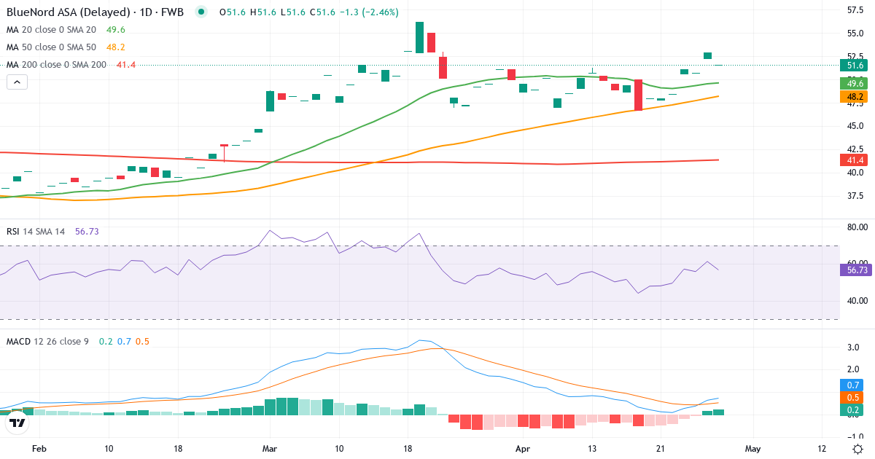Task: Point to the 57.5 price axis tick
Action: [x=855, y=10]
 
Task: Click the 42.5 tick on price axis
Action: [x=855, y=149]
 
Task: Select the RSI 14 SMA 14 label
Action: [x=36, y=231]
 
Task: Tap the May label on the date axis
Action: [x=753, y=449]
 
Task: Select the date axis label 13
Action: [x=592, y=449]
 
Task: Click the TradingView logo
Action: [x=17, y=422]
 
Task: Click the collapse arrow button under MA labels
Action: [x=17, y=82]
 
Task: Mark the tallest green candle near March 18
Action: [x=420, y=37]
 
